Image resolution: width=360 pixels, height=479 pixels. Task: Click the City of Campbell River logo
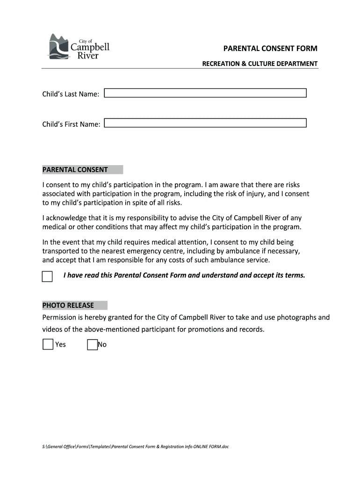[x=79, y=47]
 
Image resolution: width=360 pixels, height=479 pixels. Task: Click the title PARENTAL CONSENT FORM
[x=270, y=48]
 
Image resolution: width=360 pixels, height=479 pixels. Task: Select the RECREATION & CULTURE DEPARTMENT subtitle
[x=259, y=64]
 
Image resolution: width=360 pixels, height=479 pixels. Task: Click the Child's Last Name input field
[x=205, y=93]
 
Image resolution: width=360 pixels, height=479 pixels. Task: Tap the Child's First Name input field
[x=205, y=123]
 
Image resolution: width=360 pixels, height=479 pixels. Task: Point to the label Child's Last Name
[x=71, y=94]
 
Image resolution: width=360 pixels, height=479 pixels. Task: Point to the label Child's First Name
[x=71, y=124]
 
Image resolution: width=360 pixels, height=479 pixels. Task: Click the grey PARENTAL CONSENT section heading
[x=82, y=170]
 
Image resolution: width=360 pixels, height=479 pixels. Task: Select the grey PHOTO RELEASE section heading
[x=75, y=305]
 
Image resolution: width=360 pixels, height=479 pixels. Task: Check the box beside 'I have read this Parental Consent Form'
[x=47, y=276]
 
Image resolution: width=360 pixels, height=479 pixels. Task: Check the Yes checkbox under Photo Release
[x=48, y=345]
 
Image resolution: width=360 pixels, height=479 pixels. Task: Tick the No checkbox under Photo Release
[x=93, y=345]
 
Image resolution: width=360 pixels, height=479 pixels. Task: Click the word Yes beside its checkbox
[x=61, y=345]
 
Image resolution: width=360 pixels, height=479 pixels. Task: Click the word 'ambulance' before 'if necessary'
[x=246, y=251]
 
